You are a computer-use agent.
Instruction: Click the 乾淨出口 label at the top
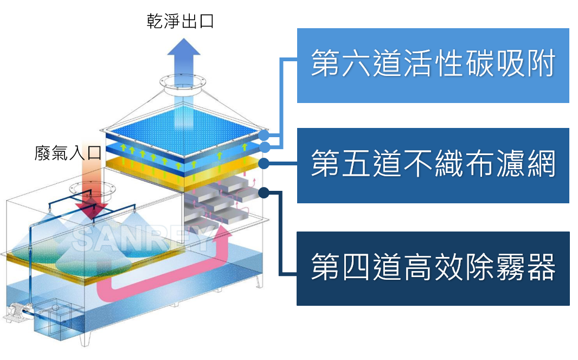[x=180, y=22]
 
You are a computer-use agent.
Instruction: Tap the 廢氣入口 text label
[x=67, y=153]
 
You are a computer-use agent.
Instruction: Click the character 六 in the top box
[x=356, y=65]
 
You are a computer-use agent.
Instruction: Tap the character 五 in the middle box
[x=356, y=165]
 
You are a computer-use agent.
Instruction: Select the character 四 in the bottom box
[x=356, y=268]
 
